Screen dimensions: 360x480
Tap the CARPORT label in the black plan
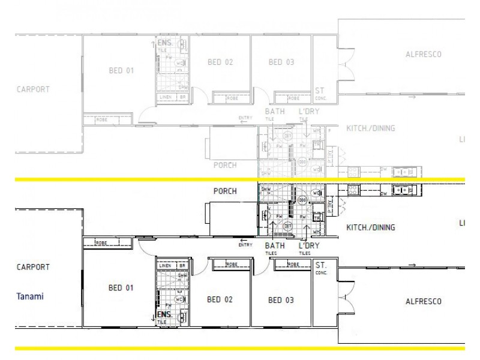point(32,267)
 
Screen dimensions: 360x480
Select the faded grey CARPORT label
point(32,89)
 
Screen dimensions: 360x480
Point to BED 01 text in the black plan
point(121,287)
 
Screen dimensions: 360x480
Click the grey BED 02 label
point(220,62)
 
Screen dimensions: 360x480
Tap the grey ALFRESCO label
point(424,55)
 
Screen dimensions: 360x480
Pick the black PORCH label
point(225,192)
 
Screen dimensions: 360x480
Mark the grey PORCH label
point(225,165)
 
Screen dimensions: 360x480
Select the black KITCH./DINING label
point(371,227)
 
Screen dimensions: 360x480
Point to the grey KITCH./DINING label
point(371,128)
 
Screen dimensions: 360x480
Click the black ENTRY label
point(245,245)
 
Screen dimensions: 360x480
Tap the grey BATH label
point(275,112)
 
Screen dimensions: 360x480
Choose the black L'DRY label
point(309,245)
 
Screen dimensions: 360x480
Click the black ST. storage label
point(320,265)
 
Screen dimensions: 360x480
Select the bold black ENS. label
point(164,314)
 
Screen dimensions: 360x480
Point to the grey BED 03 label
point(280,62)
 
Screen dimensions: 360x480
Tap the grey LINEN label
point(166,97)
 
